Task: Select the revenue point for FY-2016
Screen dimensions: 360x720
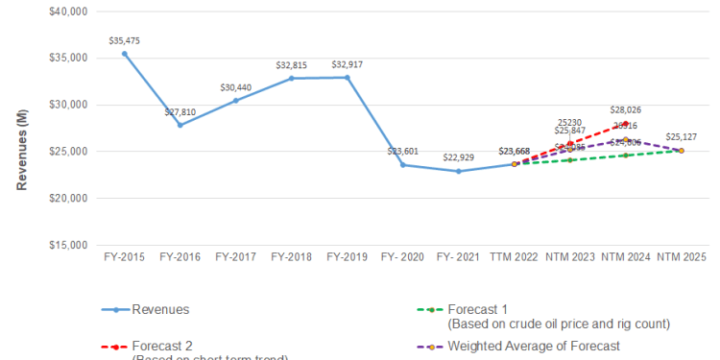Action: [x=180, y=125]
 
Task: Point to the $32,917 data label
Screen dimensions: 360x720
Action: [x=348, y=64]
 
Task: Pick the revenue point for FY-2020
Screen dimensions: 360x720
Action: [x=403, y=165]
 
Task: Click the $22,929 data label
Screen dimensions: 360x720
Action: [x=459, y=157]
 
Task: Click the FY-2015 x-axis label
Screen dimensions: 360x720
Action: [x=125, y=257]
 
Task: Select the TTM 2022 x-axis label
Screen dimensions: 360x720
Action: [x=515, y=257]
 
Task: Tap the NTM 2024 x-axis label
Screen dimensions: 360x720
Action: [x=626, y=257]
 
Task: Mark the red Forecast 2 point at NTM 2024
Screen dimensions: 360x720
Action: [x=626, y=123]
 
